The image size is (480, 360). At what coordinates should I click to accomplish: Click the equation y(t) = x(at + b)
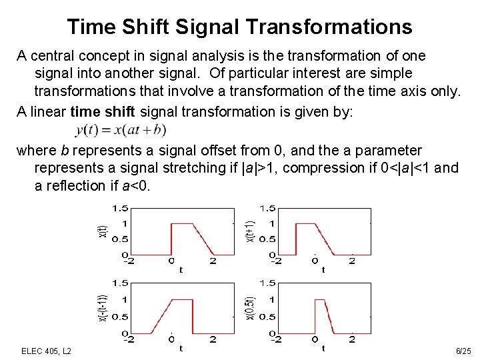[121, 129]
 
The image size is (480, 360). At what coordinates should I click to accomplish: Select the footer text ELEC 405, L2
[47, 350]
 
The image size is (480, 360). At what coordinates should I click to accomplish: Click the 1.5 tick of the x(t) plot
[121, 207]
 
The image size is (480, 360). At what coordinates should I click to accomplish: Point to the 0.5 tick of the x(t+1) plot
[268, 239]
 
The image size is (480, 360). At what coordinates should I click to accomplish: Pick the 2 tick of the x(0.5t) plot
[352, 339]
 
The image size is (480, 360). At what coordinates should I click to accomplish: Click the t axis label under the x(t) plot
[181, 269]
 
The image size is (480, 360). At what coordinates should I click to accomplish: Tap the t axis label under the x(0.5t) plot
[323, 347]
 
